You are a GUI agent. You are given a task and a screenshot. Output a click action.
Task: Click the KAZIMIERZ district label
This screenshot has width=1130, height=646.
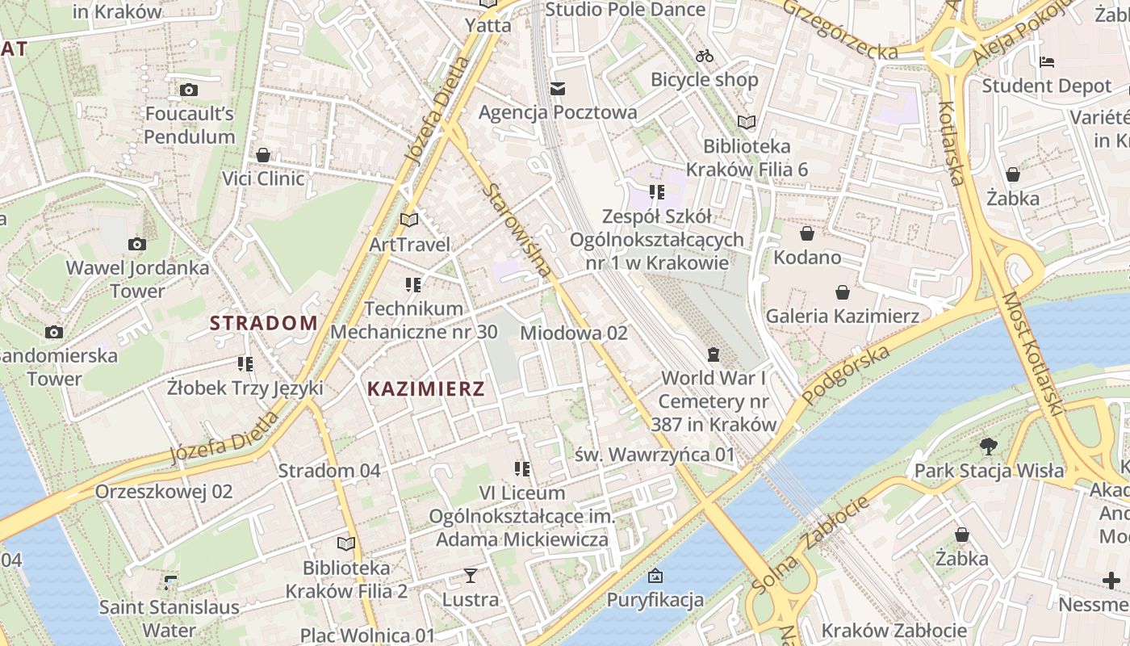point(426,389)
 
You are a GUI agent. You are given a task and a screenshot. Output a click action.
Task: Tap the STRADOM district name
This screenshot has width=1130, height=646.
point(264,323)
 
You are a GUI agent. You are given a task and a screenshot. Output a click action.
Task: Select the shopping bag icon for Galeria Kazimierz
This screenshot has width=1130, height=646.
point(843,292)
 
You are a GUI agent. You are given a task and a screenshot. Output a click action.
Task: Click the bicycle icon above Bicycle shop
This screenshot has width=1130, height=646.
point(705,56)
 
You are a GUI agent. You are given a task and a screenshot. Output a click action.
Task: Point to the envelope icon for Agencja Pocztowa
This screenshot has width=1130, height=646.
point(558,89)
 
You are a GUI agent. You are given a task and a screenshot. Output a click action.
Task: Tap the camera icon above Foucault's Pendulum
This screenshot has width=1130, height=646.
point(189,90)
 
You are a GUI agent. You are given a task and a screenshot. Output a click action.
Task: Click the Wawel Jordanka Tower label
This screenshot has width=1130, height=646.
point(137,279)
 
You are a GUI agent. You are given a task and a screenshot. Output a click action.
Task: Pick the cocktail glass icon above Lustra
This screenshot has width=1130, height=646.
point(471,576)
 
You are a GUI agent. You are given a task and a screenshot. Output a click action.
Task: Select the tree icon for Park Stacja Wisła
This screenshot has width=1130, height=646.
point(988,447)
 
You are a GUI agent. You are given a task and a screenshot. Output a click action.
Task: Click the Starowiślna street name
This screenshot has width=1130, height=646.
point(517,230)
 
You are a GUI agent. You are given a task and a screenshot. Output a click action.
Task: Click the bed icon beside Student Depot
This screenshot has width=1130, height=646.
point(1047,61)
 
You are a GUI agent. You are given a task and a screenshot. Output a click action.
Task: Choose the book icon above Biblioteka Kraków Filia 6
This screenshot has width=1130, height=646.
point(747,122)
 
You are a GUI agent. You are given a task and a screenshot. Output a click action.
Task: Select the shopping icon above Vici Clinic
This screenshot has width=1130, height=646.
point(263,155)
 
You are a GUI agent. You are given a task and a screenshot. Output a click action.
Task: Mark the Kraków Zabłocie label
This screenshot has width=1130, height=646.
point(894,630)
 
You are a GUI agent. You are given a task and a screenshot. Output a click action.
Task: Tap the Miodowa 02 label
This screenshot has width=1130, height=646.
point(574,333)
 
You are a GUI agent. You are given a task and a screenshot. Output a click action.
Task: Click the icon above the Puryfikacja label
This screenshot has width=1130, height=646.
point(655,576)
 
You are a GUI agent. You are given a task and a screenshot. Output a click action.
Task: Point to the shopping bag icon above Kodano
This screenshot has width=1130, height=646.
point(806,234)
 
